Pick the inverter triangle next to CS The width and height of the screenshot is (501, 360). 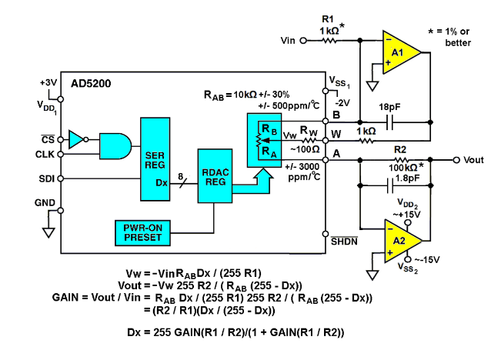76,139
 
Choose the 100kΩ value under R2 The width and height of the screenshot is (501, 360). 402,167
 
